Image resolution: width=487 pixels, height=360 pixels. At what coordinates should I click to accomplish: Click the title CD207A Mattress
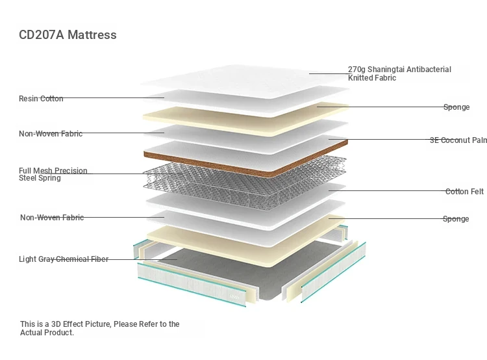pyautogui.click(x=68, y=35)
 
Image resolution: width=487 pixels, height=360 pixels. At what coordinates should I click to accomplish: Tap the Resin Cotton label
pyautogui.click(x=41, y=99)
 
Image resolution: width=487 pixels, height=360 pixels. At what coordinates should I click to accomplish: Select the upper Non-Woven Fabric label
pyautogui.click(x=51, y=134)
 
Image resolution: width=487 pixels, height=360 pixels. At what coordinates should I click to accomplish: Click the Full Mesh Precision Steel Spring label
pyautogui.click(x=53, y=174)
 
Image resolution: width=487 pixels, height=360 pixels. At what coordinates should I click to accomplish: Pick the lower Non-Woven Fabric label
pyautogui.click(x=52, y=217)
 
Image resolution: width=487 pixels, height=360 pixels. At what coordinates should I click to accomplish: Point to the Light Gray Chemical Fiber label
pyautogui.click(x=64, y=259)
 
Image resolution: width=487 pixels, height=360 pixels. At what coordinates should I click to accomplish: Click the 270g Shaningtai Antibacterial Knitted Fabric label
pyautogui.click(x=399, y=73)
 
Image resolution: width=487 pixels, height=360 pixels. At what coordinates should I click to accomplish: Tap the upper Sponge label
pyautogui.click(x=456, y=107)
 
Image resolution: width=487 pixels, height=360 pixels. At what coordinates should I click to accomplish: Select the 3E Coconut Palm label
pyautogui.click(x=458, y=140)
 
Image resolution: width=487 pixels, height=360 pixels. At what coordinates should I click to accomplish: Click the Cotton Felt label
pyautogui.click(x=464, y=192)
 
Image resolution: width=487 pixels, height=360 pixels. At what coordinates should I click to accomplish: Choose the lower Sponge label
pyautogui.click(x=456, y=219)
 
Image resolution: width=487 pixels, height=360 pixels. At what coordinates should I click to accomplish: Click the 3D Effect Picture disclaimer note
pyautogui.click(x=100, y=328)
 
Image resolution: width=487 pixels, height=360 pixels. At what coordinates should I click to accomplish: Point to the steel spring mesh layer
pyautogui.click(x=244, y=183)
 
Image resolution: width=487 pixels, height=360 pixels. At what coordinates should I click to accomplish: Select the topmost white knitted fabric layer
pyautogui.click(x=245, y=81)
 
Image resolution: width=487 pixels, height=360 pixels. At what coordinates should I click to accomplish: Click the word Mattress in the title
pyautogui.click(x=92, y=35)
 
